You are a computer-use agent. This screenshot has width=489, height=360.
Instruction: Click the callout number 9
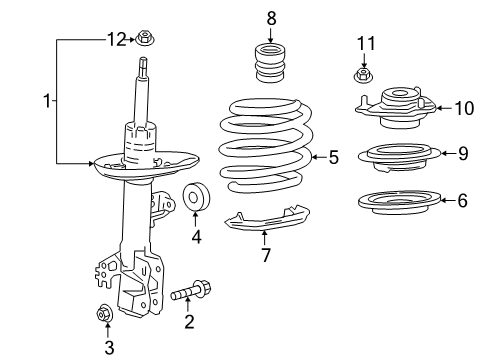pyautogui.click(x=462, y=153)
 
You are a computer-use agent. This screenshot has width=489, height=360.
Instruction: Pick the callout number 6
pyautogui.click(x=461, y=200)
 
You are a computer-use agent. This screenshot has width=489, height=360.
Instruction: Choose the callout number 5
pyautogui.click(x=333, y=156)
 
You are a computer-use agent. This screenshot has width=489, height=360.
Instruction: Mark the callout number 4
pyautogui.click(x=196, y=238)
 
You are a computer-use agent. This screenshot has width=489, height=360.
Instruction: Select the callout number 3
pyautogui.click(x=110, y=348)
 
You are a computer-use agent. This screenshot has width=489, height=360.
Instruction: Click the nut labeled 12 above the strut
pyautogui.click(x=147, y=40)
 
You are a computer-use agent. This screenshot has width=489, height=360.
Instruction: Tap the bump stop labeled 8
pyautogui.click(x=268, y=67)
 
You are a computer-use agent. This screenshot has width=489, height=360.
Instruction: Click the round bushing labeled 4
pyautogui.click(x=195, y=199)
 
